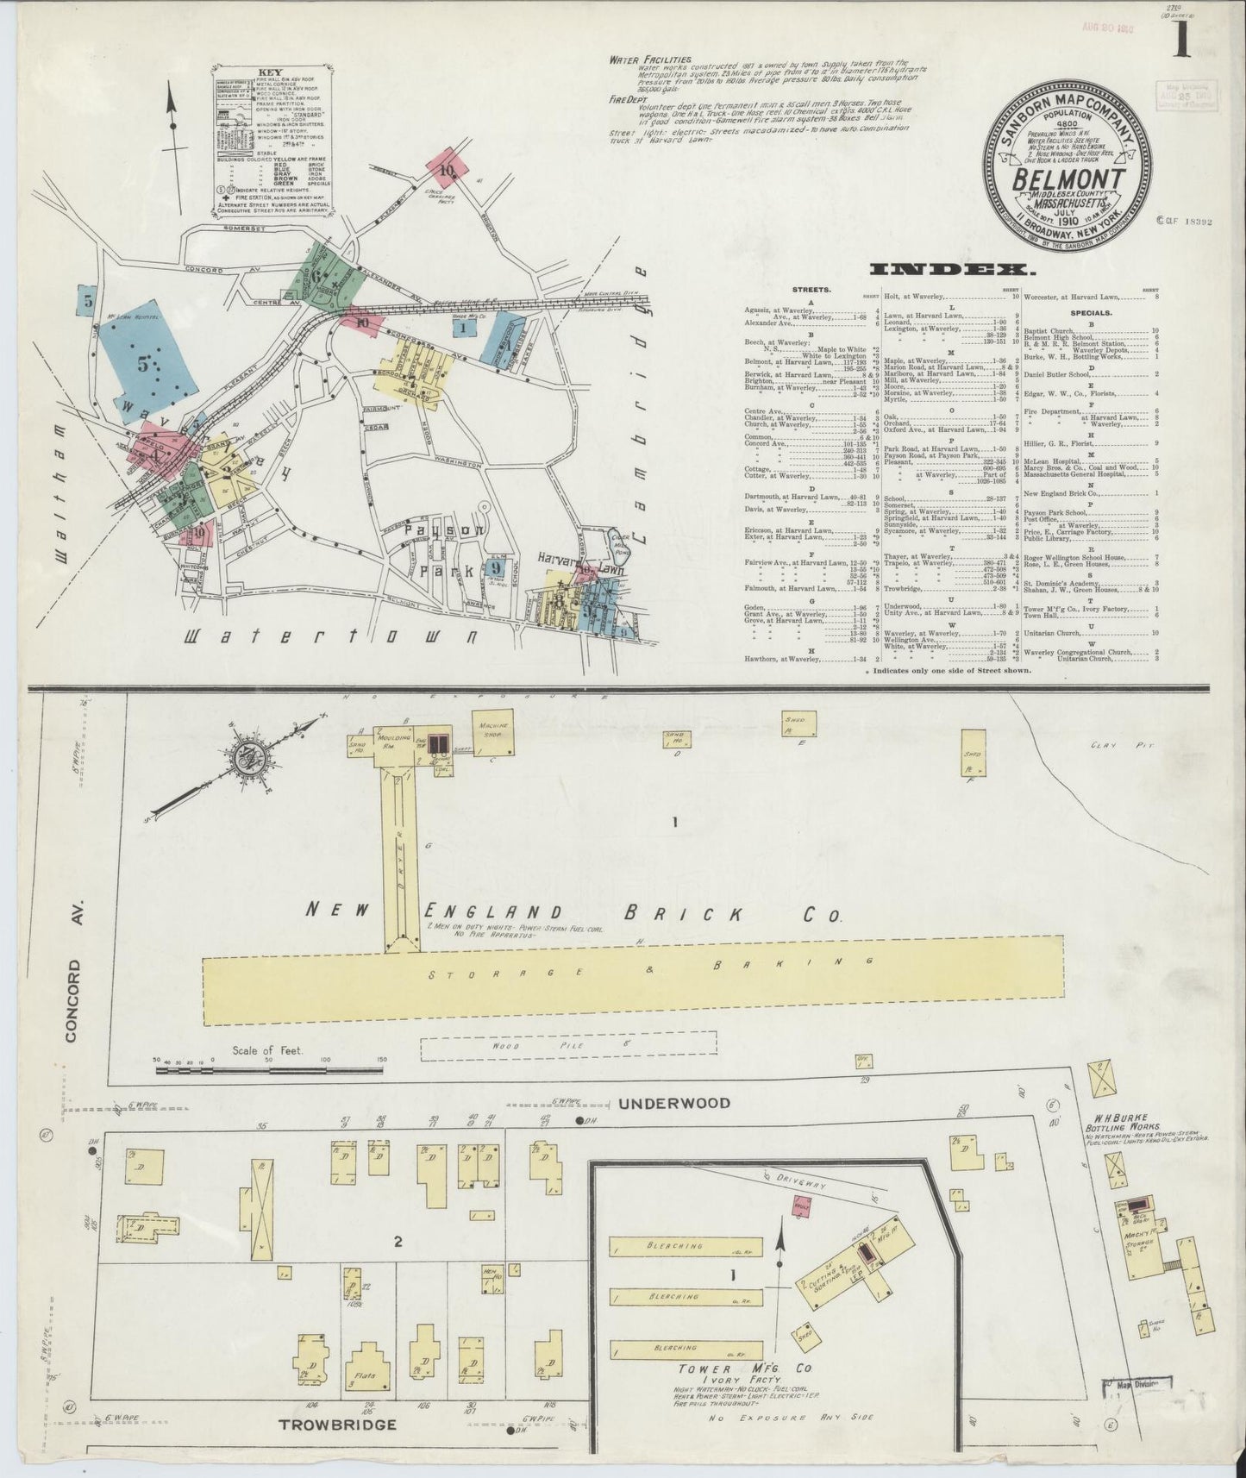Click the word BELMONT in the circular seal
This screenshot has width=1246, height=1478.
click(1070, 181)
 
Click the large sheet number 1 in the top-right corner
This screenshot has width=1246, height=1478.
click(1180, 39)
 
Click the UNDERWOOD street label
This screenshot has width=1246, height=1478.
click(674, 1103)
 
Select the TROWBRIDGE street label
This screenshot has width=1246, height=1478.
click(337, 1424)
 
